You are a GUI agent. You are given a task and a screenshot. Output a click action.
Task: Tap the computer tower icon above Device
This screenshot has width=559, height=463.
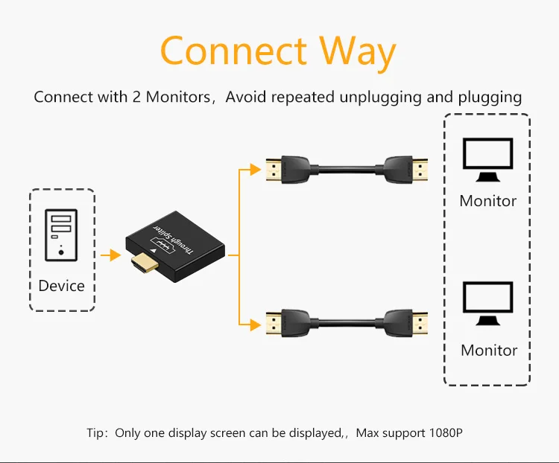(x=61, y=235)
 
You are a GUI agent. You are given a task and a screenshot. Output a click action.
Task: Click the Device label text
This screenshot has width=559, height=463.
(x=61, y=286)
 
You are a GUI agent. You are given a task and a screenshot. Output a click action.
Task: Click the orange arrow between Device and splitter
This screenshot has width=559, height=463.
(x=111, y=255)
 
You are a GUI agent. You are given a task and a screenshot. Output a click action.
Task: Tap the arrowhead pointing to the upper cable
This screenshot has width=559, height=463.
(x=258, y=170)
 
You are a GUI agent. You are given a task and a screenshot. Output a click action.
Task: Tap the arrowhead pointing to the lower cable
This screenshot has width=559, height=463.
(x=258, y=323)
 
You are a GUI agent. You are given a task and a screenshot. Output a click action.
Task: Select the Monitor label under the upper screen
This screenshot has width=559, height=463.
(x=487, y=201)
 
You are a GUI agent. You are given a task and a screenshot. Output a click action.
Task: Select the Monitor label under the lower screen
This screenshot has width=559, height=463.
(x=489, y=350)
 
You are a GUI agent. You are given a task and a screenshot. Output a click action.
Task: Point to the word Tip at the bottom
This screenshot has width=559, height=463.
(x=97, y=432)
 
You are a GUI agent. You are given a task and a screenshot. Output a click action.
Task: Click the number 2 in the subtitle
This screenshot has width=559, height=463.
(x=137, y=97)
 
